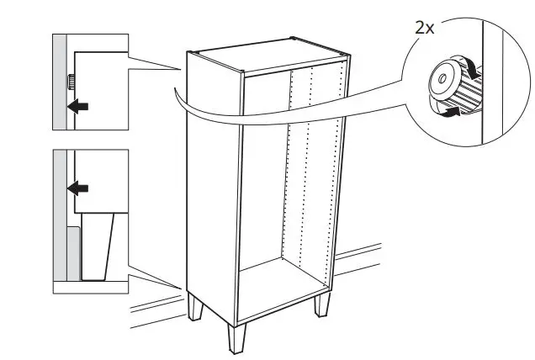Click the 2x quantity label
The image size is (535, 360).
point(425,28)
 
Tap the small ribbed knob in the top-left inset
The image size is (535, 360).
point(72,82)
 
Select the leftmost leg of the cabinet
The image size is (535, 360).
point(195,307)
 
